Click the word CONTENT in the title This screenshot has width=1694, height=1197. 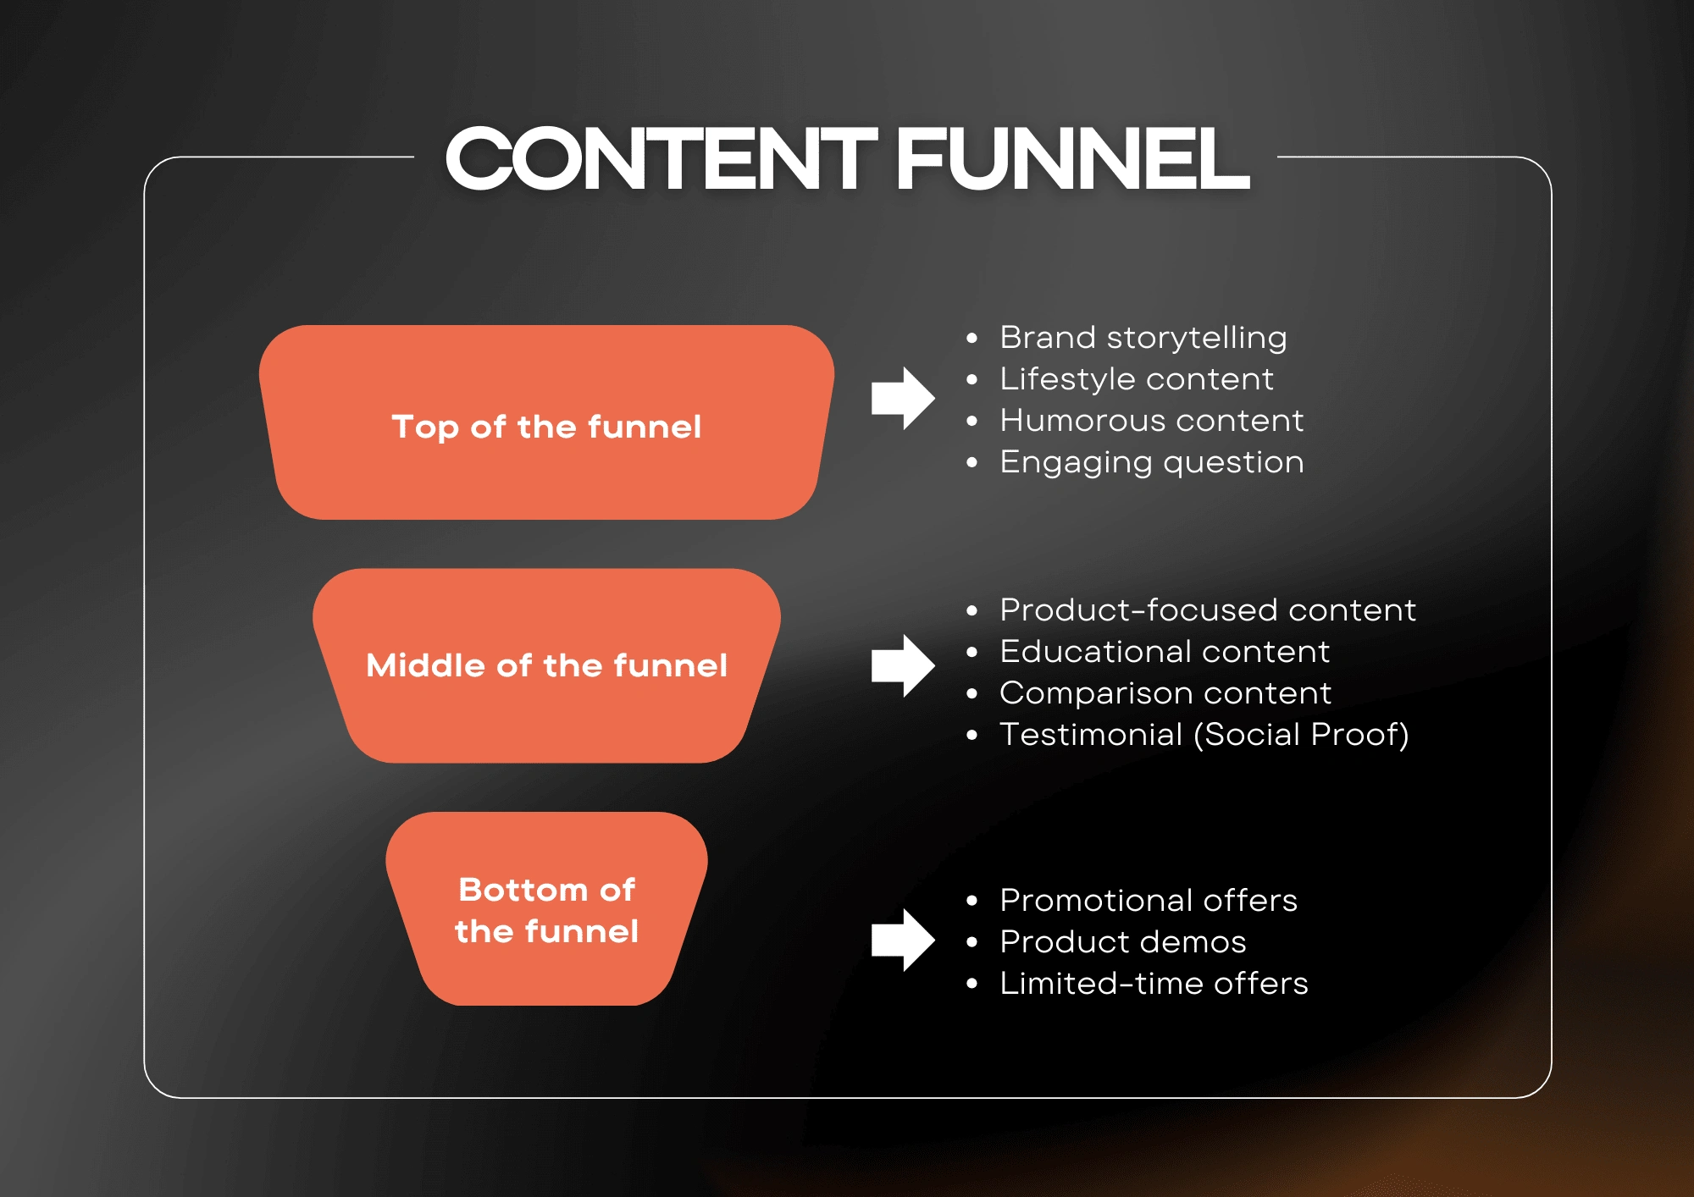coord(662,158)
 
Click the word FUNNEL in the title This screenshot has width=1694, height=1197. coord(1072,158)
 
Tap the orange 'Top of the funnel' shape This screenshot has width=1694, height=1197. coord(546,422)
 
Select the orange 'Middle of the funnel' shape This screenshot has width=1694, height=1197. coord(546,665)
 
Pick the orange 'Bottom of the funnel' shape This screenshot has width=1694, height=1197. coord(546,908)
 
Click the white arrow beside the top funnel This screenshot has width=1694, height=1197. coord(903,398)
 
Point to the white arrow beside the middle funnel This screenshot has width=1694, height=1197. coord(903,665)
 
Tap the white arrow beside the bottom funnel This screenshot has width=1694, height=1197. coord(903,940)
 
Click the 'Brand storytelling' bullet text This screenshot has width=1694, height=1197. coord(1143,338)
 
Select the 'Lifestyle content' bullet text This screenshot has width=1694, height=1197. coord(1137,379)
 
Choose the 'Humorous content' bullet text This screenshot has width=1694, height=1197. coord(1152,421)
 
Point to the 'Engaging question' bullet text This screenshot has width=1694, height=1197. coord(1152,463)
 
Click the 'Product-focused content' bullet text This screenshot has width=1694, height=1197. coord(1208,610)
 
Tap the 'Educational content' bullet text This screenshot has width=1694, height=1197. coord(1165,651)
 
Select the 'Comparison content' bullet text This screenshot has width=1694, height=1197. coord(1165,693)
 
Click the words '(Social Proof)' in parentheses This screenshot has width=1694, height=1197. coord(1301,735)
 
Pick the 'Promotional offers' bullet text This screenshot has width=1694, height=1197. coord(1149,900)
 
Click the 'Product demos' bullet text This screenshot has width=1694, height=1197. coord(1123,941)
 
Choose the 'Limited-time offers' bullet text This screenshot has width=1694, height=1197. coord(1154,983)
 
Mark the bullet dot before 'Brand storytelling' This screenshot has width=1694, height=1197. coord(972,339)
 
